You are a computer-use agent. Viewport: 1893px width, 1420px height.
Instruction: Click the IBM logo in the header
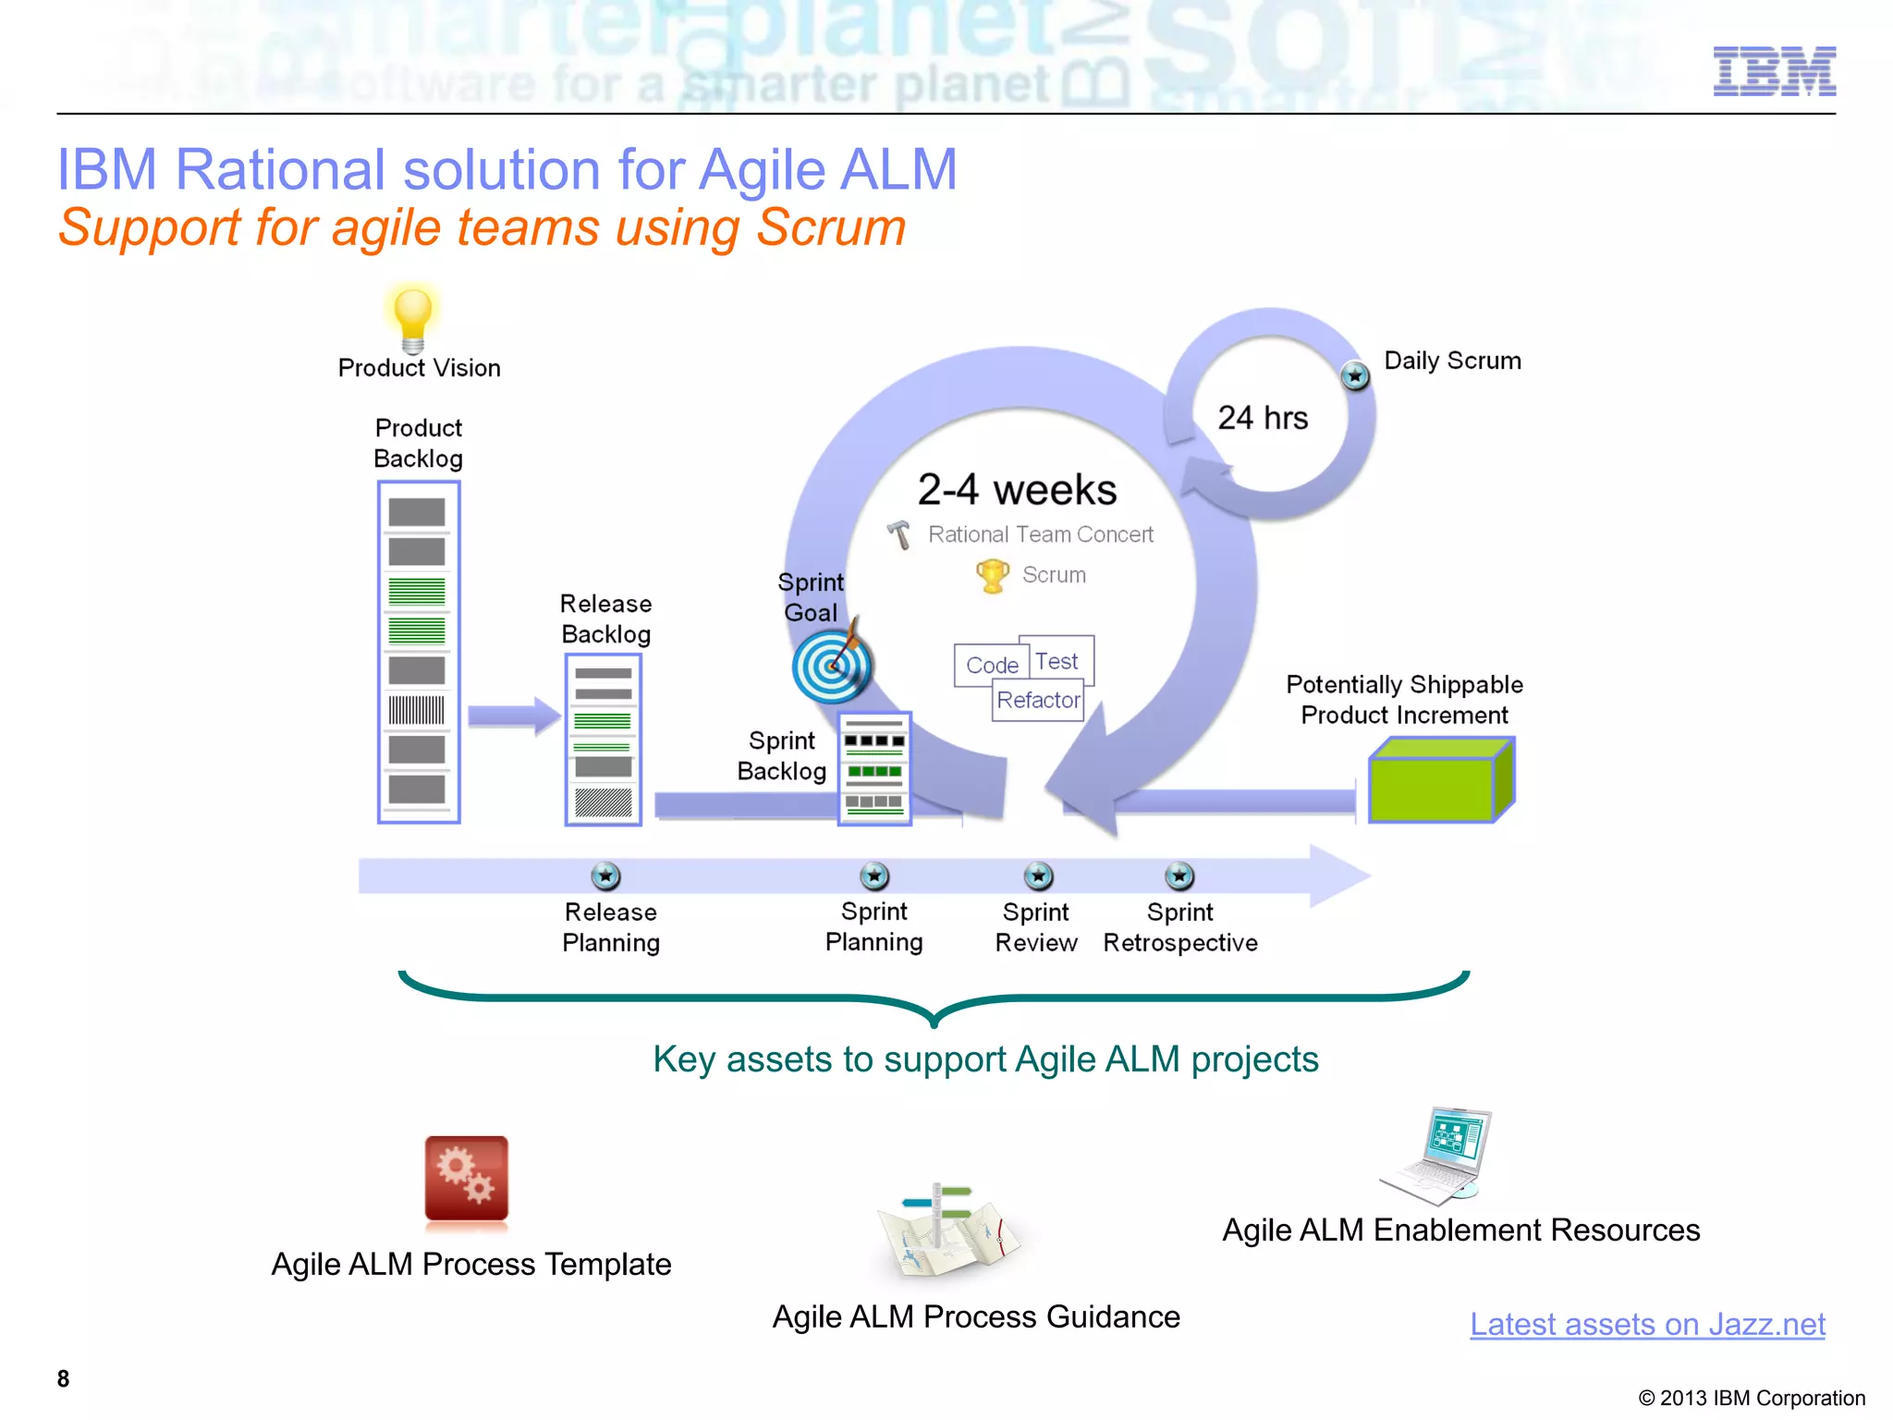pos(1774,71)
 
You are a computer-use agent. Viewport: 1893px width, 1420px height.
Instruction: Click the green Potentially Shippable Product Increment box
pos(1439,781)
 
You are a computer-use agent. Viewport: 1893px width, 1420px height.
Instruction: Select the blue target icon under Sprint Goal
pos(832,666)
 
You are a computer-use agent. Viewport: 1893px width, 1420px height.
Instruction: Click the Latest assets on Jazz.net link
pos(1647,1324)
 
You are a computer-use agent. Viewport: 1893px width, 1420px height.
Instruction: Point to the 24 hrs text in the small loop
pos(1263,418)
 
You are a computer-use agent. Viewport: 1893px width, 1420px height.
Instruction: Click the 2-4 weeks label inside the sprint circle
pos(1017,490)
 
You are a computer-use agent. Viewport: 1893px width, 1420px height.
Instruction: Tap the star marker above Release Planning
pos(605,875)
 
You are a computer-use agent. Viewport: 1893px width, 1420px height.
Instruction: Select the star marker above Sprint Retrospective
pos(1179,875)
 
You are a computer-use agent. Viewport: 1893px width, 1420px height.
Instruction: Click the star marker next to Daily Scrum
pos(1355,375)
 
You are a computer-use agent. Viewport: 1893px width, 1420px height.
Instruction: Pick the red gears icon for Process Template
pos(466,1179)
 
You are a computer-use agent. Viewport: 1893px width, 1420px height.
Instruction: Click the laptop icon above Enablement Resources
pos(1438,1154)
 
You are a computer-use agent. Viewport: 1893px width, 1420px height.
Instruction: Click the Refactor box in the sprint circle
pos(1038,700)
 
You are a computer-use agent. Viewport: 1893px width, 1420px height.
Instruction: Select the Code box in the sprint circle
pos(991,665)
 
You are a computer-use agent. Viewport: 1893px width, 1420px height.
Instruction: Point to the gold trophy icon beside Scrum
pos(993,575)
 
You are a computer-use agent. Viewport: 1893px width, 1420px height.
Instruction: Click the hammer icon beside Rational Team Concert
pos(898,534)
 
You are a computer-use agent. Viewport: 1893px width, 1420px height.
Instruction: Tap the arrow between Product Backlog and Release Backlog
pos(514,716)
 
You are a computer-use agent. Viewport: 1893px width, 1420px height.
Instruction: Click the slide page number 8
pos(63,1378)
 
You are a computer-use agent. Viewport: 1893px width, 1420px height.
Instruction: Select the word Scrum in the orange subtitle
pos(830,227)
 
